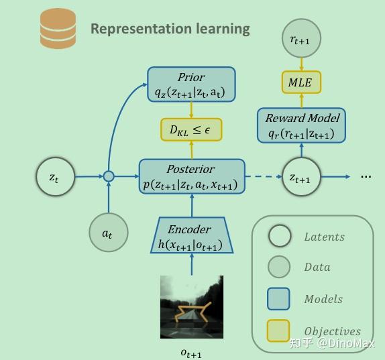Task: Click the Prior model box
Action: pyautogui.click(x=191, y=84)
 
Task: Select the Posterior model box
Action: pyautogui.click(x=191, y=176)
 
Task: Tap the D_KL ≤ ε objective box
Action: pyautogui.click(x=191, y=129)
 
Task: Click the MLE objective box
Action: pyautogui.click(x=300, y=82)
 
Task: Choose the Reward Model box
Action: pyautogui.click(x=301, y=125)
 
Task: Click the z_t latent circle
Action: pyautogui.click(x=54, y=177)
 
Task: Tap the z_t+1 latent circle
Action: pyautogui.click(x=300, y=177)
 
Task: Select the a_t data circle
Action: pyautogui.click(x=108, y=233)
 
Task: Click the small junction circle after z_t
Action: pyautogui.click(x=108, y=177)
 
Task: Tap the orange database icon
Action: pyautogui.click(x=58, y=29)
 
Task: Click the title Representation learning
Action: pyautogui.click(x=170, y=29)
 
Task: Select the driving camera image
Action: pyautogui.click(x=191, y=307)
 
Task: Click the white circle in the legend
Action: pyautogui.click(x=279, y=236)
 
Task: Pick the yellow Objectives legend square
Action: pyautogui.click(x=279, y=331)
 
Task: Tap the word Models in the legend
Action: pyautogui.click(x=323, y=300)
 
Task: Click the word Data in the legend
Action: pyautogui.click(x=317, y=267)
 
